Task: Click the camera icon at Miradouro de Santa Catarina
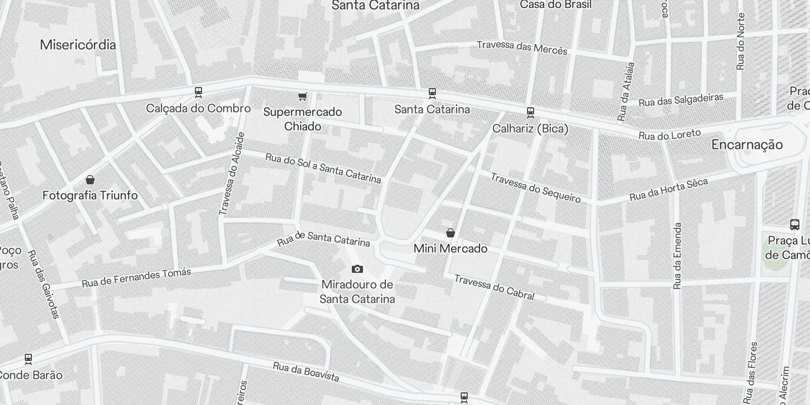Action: pos(357,269)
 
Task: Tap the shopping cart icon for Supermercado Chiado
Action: pos(302,96)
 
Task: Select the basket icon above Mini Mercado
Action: pos(450,233)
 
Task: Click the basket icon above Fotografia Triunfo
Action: pos(90,179)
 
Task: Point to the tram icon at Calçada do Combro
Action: pos(198,92)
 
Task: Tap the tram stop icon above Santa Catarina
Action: pos(432,93)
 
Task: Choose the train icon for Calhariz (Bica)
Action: pos(530,112)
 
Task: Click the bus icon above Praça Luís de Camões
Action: pos(794,224)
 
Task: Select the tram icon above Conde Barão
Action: pos(28,358)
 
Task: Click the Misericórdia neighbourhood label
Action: pos(78,45)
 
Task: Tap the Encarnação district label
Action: pos(747,145)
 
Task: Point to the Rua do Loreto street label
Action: pos(670,135)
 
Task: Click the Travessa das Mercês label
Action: pos(522,48)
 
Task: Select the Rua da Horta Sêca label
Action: pos(668,190)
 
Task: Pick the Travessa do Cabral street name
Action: pos(494,287)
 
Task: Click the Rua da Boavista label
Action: pos(306,372)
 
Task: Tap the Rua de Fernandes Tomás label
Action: pos(137,277)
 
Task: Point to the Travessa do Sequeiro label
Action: pos(536,188)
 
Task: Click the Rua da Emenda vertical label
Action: pos(678,256)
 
